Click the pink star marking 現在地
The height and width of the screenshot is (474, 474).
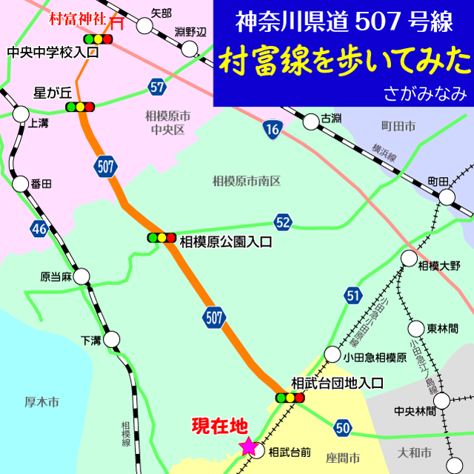tap(248, 447)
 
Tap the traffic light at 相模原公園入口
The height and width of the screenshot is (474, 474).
tap(161, 238)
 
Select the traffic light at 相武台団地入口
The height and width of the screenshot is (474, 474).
tap(290, 398)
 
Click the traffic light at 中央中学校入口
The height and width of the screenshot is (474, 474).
tap(98, 38)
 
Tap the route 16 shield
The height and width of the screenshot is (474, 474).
tap(273, 130)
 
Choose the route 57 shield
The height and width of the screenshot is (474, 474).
tap(156, 86)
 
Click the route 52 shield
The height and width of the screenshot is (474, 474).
tap(282, 221)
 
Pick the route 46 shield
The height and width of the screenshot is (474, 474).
tap(40, 230)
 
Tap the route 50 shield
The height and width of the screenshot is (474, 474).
tap(341, 427)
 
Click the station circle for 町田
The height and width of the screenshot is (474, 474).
tap(447, 196)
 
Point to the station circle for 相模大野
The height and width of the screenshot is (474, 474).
tap(409, 258)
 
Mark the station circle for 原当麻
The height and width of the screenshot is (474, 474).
tap(81, 277)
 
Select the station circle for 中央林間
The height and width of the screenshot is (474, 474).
tap(441, 401)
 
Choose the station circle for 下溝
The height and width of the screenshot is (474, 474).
tap(111, 340)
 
